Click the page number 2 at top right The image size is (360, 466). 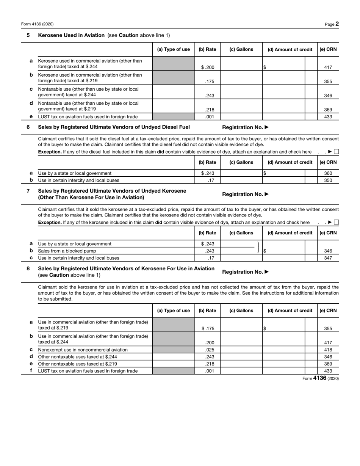(x=337, y=24)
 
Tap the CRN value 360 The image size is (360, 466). (x=328, y=173)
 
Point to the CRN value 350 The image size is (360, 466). (x=328, y=180)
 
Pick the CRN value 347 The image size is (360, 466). (x=328, y=258)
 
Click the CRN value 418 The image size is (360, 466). (x=328, y=350)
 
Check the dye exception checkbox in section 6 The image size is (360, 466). (x=337, y=152)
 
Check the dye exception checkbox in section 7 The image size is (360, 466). (x=337, y=223)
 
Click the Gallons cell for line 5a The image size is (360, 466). (x=241, y=64)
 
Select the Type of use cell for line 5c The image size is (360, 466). (x=173, y=92)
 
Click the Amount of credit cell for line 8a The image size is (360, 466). (x=284, y=325)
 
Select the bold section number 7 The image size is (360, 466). (x=28, y=191)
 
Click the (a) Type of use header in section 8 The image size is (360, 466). (x=173, y=311)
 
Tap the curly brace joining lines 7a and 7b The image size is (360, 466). (x=258, y=247)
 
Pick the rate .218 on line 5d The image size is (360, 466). (x=210, y=110)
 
